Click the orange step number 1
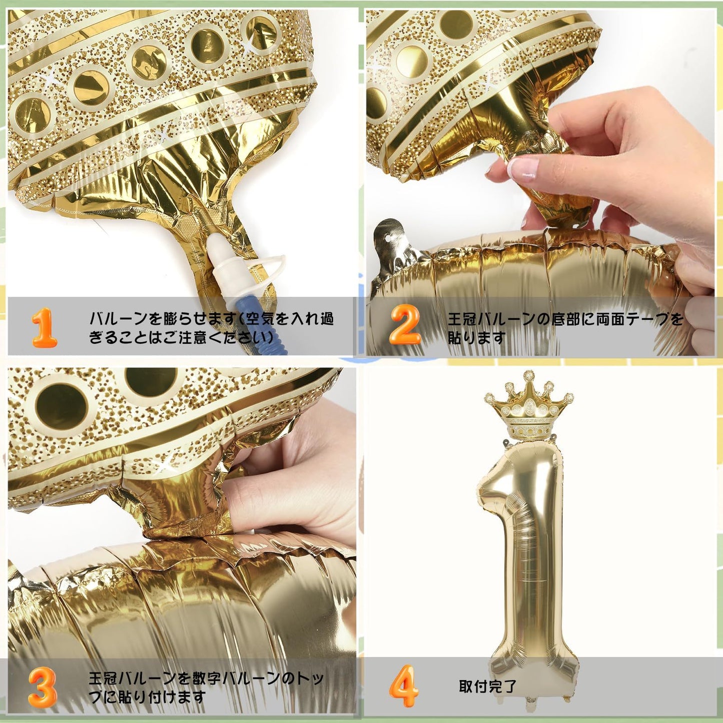tap(44, 328)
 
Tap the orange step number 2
tap(405, 325)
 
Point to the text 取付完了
tap(487, 686)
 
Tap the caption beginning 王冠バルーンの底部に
tap(565, 328)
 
